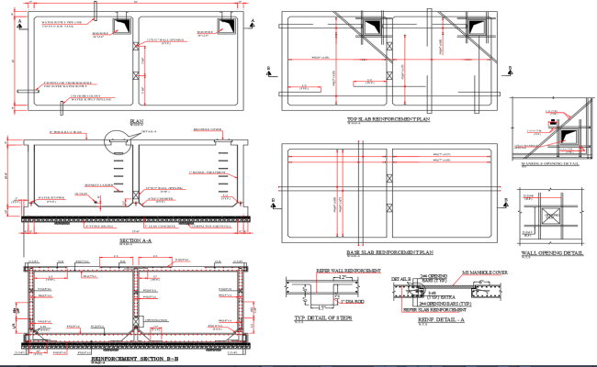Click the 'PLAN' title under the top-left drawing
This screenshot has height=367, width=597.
tap(137, 121)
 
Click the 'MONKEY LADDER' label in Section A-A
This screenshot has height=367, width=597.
tap(96, 183)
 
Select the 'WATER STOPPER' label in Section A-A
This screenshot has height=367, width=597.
tap(51, 195)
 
